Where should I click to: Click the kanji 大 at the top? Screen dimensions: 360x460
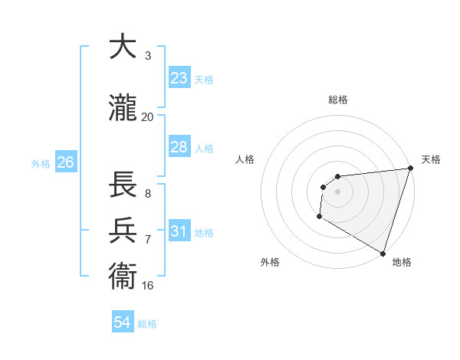coord(123,47)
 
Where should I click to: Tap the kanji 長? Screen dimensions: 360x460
coord(123,185)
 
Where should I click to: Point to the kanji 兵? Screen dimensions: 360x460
coord(123,231)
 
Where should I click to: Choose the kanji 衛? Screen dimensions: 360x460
coord(123,277)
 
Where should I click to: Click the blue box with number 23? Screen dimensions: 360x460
coord(179,78)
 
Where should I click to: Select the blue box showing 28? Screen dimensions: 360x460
coord(179,147)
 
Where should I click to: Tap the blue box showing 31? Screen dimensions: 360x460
coord(179,231)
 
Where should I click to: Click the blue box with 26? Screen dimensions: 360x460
coord(65,162)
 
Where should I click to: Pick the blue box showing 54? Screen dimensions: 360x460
coord(123,322)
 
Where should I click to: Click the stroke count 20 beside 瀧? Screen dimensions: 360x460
coord(147,117)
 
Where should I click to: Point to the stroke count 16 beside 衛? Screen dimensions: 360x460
coord(147,286)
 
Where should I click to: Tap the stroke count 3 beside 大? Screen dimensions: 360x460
coord(147,56)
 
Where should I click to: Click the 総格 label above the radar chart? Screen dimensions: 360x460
coord(337,100)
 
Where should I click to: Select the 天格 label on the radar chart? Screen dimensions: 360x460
coord(431,159)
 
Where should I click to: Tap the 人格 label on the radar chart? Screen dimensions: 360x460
coord(245,159)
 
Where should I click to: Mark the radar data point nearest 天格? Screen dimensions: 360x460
coord(410,169)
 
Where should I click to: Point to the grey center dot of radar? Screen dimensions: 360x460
coord(337,191)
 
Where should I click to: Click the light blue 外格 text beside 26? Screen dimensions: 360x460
coord(41,163)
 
